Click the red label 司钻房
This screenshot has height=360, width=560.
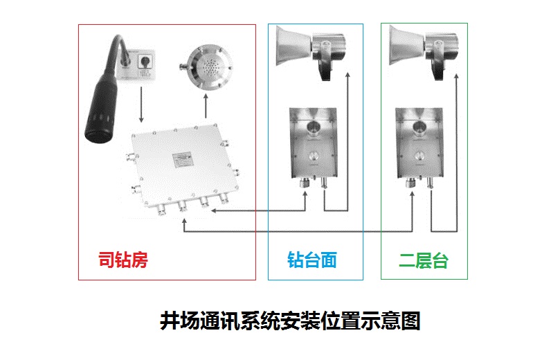point(123,260)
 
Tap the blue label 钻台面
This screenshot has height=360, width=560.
point(312,260)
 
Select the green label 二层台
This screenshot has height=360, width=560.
point(424,260)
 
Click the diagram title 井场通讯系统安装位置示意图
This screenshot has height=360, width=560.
point(290,321)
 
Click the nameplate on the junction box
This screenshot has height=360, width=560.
point(183,160)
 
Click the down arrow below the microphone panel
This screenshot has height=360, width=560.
point(141,105)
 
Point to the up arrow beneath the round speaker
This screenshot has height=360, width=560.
point(206,106)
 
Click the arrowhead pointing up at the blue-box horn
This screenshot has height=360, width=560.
point(347,75)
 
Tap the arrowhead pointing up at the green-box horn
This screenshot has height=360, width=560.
point(456,76)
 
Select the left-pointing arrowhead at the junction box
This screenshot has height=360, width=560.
point(214,210)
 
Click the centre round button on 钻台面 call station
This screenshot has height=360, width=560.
point(313,156)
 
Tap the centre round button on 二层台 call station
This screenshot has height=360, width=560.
point(419,156)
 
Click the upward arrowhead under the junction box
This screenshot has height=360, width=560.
point(184,221)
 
